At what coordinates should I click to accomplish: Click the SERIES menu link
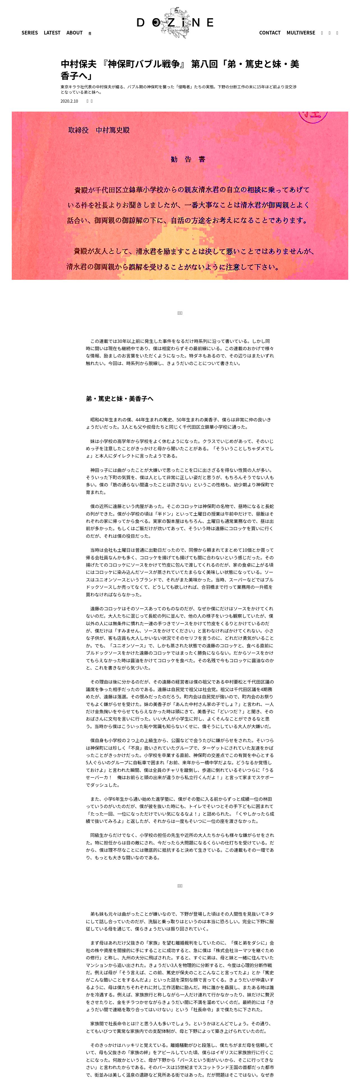(29, 33)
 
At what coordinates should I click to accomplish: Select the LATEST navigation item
(52, 33)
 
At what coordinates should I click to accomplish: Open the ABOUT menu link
(74, 33)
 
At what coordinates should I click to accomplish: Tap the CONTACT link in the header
(269, 33)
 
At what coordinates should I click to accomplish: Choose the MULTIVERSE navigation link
(301, 33)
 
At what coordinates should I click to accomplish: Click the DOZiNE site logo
(175, 23)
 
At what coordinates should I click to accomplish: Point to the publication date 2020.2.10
(69, 101)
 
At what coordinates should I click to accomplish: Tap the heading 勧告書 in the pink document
(188, 159)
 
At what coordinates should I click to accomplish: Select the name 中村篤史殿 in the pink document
(113, 130)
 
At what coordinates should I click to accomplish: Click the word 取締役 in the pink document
(79, 130)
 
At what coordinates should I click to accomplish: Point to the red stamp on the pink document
(312, 115)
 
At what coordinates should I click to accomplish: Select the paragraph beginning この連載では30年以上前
(180, 352)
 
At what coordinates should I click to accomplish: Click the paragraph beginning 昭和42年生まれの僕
(180, 423)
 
